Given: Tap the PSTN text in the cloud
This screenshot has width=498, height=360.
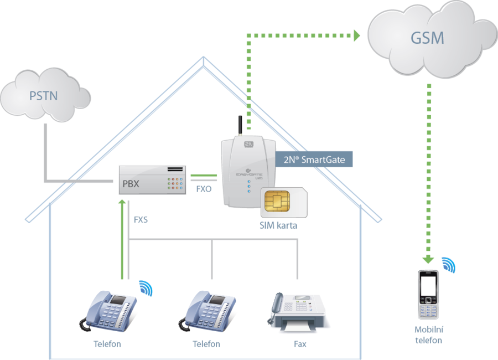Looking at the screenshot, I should tap(43, 96).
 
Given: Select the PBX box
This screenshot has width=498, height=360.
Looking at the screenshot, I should tap(152, 179).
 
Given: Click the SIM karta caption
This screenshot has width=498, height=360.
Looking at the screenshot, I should tap(278, 226).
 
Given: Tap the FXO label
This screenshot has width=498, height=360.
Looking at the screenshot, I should tap(204, 189).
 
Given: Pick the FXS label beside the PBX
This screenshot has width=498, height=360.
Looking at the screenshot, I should tap(141, 219).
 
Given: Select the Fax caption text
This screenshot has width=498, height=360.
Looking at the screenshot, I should tap(300, 344).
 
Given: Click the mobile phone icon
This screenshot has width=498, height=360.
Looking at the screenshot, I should tap(428, 295).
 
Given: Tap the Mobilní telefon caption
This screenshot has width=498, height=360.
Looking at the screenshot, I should tap(428, 335).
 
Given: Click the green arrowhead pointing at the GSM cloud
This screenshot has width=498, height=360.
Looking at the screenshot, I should tap(356, 36).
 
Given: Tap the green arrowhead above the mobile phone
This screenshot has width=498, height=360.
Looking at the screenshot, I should tap(428, 259).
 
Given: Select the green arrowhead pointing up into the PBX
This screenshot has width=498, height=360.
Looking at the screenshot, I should tap(122, 202).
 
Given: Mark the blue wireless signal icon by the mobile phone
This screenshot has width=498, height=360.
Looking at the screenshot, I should tap(449, 265).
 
